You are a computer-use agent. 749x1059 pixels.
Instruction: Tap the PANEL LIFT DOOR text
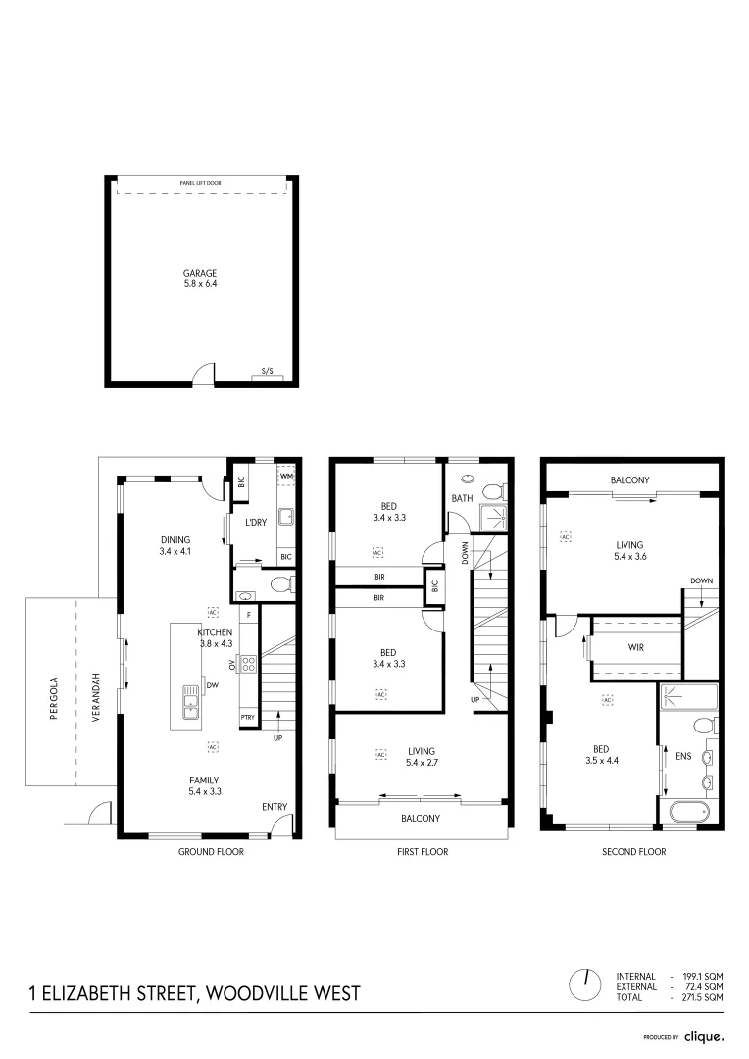pos(200,183)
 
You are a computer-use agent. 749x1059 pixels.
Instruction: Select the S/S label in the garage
pos(267,372)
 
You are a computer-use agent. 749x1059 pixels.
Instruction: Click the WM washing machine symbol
pos(287,477)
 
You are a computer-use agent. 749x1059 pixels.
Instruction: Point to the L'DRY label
pos(256,523)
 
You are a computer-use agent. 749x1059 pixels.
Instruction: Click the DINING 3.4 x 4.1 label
pos(175,545)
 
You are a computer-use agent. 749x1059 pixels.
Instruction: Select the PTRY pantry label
pos(248,718)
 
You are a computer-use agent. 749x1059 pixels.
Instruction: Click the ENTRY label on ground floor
pos(275,807)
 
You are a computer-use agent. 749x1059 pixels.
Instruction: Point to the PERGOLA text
pos(55,697)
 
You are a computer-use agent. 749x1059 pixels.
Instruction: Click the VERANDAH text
pos(96,697)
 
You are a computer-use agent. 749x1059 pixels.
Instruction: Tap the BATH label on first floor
pos(462,498)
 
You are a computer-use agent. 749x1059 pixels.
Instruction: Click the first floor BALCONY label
pos(421,818)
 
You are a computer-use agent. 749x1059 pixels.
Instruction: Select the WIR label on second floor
pos(635,648)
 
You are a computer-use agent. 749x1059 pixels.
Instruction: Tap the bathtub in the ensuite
pos(688,812)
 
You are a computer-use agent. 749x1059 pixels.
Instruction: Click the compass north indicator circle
pos(586,983)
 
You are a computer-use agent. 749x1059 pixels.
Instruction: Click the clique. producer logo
pos(704,1035)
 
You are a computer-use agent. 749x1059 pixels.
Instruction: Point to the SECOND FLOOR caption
pos(633,852)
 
